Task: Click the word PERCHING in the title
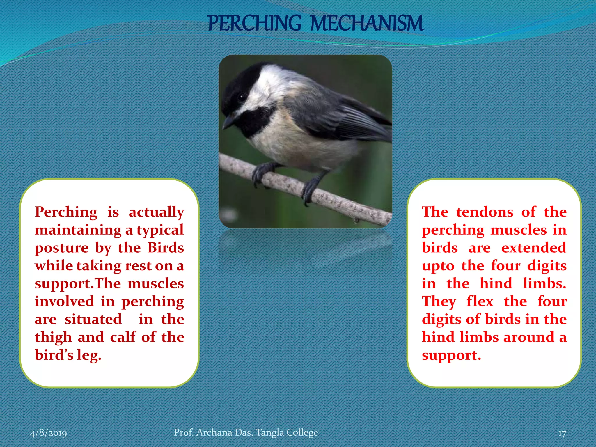[x=254, y=23]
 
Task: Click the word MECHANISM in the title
[x=367, y=23]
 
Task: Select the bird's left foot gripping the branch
[x=262, y=173]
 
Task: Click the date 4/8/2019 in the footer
[x=48, y=433]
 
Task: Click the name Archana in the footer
[x=214, y=432]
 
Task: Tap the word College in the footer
[x=302, y=433]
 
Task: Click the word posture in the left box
[x=62, y=248]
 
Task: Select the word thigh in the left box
[x=53, y=338]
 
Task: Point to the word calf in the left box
[x=123, y=337]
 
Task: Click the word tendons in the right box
[x=485, y=212]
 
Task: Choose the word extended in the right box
[x=534, y=248]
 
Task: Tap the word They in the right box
[x=439, y=301]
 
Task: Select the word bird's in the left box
[x=54, y=355]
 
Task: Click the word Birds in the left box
[x=166, y=248]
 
